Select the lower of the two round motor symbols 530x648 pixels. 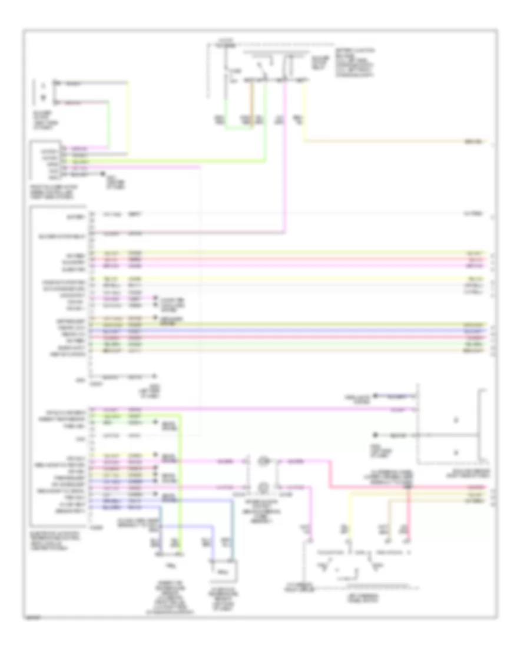tap(264, 487)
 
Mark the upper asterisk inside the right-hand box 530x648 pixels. tap(457, 421)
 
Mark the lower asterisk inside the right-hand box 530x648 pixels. tap(457, 452)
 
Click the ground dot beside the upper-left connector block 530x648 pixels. tap(102, 175)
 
